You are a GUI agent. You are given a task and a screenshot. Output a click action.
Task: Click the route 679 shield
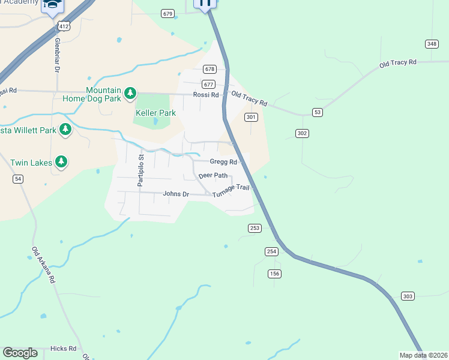[x=167, y=13]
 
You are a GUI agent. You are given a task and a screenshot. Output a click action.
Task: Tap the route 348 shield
[x=431, y=44]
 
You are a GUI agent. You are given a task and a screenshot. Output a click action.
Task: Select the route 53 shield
[x=318, y=113]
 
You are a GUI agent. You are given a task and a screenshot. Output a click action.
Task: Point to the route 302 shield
[x=302, y=133]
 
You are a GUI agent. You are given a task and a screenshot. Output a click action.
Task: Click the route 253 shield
[x=255, y=228]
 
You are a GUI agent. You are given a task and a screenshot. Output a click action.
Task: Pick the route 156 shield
[x=275, y=274]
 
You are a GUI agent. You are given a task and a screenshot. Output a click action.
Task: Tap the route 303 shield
[x=408, y=296]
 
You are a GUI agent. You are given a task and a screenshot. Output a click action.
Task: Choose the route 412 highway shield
[x=64, y=26]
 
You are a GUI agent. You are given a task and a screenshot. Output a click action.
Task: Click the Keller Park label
[x=155, y=113]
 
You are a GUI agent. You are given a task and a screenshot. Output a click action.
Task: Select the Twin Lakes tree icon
[x=61, y=161]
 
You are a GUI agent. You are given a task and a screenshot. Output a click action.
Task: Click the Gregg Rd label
[x=223, y=161]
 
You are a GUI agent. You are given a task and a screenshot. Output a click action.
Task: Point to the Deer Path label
[x=213, y=176]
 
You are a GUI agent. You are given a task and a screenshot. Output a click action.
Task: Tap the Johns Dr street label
[x=176, y=194]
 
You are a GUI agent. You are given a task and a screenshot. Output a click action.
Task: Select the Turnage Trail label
[x=230, y=188]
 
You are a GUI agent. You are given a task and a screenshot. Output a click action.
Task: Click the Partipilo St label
[x=141, y=171]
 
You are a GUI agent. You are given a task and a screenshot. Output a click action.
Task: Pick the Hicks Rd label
[x=64, y=349]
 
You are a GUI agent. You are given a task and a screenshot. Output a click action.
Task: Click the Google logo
[x=20, y=353]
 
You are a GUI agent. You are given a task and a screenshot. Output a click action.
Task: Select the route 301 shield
[x=252, y=118]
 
